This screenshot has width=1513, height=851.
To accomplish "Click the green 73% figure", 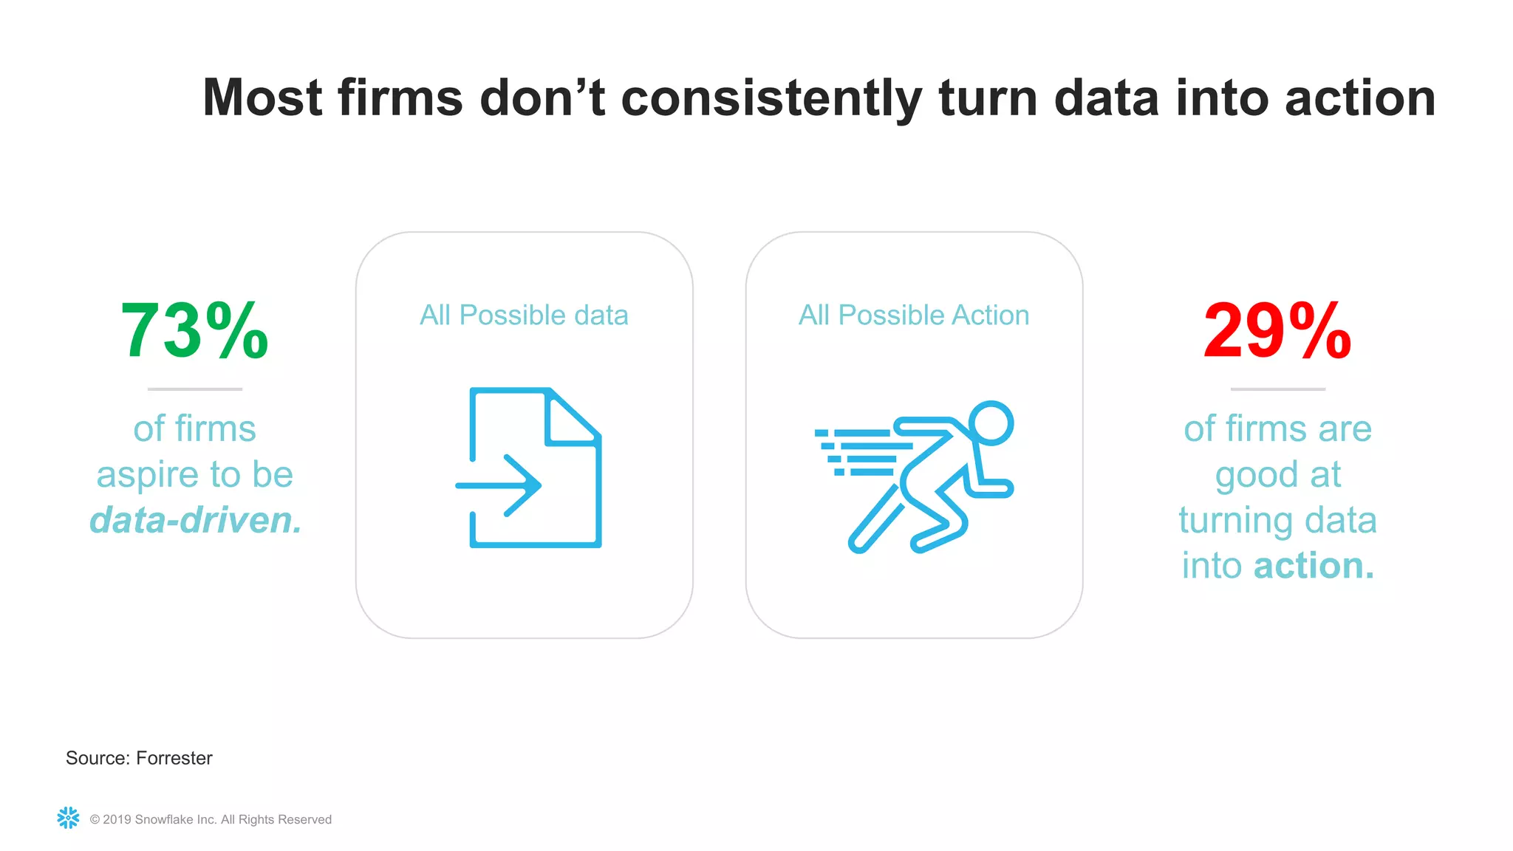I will coord(194,331).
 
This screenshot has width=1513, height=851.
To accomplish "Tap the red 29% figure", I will coord(1277,331).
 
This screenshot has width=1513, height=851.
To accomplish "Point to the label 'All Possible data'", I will coord(524,315).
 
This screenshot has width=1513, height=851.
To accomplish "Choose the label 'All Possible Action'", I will coord(914,315).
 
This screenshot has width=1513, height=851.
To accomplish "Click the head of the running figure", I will coord(991,423).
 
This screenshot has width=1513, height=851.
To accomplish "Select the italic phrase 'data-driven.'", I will coord(195,520).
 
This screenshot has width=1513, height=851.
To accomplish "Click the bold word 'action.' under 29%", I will coord(1314,566).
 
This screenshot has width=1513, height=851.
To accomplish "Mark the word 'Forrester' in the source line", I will coord(174,758).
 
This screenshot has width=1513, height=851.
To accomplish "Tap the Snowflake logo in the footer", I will coord(68,818).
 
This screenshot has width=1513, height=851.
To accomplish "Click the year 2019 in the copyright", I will coord(117,819).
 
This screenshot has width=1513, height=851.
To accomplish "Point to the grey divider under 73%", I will coord(195,389).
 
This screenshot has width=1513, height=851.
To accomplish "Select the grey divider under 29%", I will coord(1277,389).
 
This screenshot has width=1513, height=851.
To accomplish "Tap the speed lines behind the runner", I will coord(857,451).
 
